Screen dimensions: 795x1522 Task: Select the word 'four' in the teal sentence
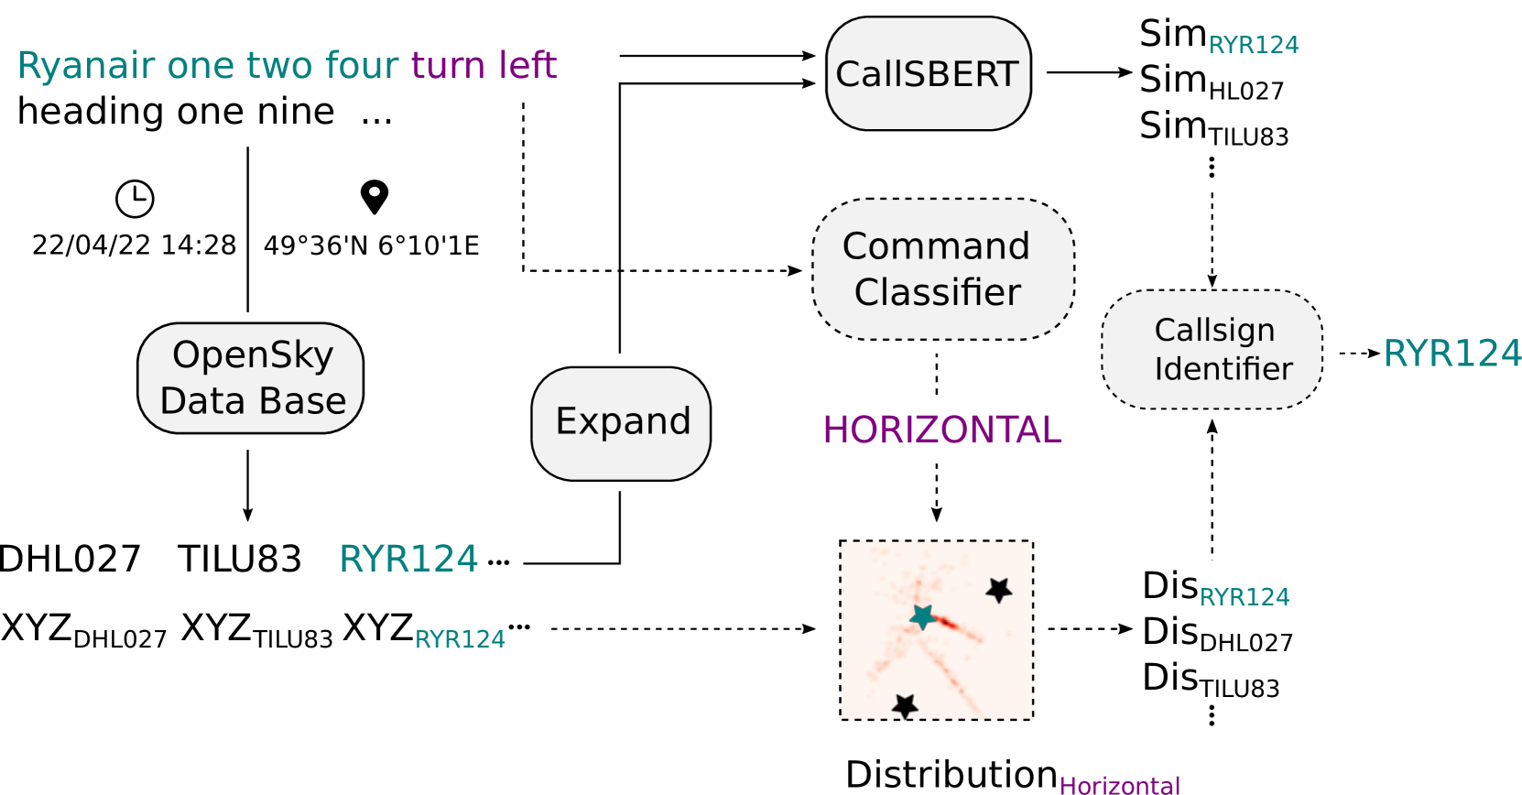click(362, 66)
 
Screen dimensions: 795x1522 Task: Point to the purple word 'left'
click(528, 66)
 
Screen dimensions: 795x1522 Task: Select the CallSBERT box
click(928, 74)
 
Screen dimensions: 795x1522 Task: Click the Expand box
click(621, 423)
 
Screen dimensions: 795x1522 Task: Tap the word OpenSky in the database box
click(253, 355)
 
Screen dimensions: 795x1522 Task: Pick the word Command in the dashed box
click(936, 246)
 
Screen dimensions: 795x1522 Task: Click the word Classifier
click(937, 293)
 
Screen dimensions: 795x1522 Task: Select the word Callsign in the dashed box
click(1214, 330)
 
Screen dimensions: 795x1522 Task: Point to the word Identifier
click(1223, 369)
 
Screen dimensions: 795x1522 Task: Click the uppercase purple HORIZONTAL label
click(941, 430)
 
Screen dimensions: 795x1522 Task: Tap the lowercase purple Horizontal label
click(1119, 785)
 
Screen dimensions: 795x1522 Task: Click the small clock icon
click(136, 199)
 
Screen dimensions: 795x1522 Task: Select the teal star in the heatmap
click(922, 617)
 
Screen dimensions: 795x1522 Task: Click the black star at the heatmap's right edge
click(998, 590)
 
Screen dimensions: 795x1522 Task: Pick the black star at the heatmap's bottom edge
click(905, 705)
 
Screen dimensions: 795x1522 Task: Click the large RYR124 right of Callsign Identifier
click(1451, 354)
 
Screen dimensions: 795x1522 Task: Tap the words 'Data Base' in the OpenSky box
click(253, 401)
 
